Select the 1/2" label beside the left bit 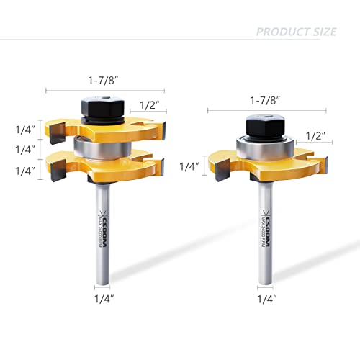[x=149, y=105]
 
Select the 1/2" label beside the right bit [x=315, y=135]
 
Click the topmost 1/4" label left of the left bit [x=25, y=130]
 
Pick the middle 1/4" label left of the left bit [x=25, y=150]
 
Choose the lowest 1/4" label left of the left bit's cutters [x=25, y=171]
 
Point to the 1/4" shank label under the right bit [x=266, y=297]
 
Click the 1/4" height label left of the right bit [x=189, y=166]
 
